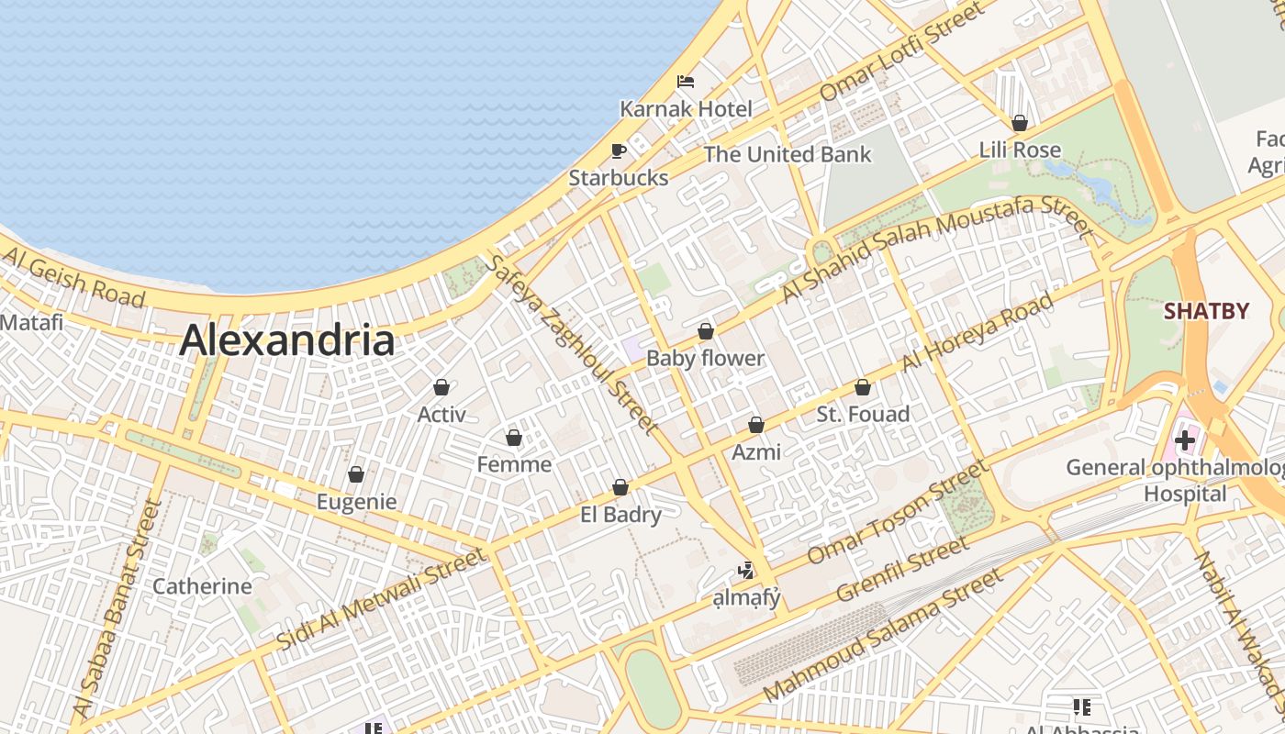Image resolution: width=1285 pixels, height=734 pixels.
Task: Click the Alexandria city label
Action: coord(287,340)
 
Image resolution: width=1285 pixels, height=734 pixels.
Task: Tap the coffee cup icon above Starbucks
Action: coord(619,150)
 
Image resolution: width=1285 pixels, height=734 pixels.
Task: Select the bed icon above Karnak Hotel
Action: coord(686,82)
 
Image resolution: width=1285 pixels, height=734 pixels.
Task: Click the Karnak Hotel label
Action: coord(686,108)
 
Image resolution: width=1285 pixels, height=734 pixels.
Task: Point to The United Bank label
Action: coord(788,154)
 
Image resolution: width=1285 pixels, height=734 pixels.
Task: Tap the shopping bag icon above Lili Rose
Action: coord(1019,123)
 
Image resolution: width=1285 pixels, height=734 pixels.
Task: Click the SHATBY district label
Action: coord(1206,311)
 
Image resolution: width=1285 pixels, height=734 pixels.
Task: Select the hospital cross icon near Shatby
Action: coord(1185,440)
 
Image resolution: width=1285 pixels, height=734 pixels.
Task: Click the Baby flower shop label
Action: coord(705,358)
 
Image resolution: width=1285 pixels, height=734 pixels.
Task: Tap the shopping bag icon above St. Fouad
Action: coord(862,388)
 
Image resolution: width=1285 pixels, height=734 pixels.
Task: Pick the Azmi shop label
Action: coord(756,451)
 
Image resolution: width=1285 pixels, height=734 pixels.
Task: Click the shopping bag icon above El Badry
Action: coord(620,487)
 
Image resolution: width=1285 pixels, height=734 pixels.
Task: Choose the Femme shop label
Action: coord(514,464)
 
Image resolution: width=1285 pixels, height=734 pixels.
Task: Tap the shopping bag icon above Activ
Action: coord(441,388)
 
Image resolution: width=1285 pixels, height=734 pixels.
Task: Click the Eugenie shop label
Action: coord(356,502)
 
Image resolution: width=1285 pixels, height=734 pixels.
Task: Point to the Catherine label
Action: coord(202,586)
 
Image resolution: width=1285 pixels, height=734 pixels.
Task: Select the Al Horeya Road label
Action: coord(978,332)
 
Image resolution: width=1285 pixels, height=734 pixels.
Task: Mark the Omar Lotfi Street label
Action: coord(901,51)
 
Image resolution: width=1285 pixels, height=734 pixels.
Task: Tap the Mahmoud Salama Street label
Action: coord(883,633)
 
